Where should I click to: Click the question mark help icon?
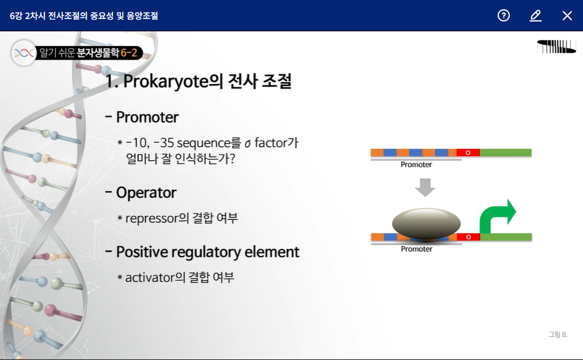pos(503,15)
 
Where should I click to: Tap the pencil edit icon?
pos(536,15)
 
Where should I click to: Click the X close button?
pos(567,15)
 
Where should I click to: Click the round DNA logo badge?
pos(24,53)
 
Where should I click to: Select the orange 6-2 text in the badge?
pos(129,52)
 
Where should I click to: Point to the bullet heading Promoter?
pos(147,117)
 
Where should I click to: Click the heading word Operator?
pos(146,193)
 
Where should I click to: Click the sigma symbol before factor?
pos(248,144)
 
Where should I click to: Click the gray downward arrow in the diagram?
pos(425,187)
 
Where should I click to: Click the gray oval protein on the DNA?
pos(426,223)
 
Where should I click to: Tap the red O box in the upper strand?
pos(468,152)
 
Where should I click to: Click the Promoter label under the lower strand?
pos(417,249)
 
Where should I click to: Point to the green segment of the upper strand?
pos(506,152)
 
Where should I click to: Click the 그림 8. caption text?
pos(558,335)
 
